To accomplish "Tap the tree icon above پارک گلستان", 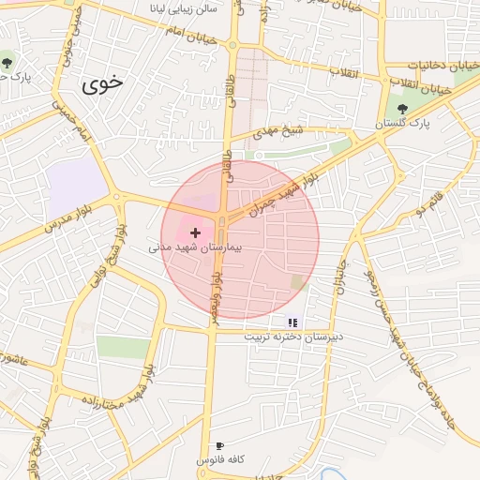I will pos(402,109).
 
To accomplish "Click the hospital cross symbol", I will pos(195,232).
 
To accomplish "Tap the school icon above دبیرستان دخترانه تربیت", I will pos(292,322).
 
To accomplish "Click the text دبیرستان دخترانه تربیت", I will pos(293,336).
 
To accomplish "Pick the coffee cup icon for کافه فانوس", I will pos(219,446).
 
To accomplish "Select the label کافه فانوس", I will pos(219,460).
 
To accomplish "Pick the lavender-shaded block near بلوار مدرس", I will pos(78,182).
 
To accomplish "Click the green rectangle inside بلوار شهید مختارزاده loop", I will pos(123,347).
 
